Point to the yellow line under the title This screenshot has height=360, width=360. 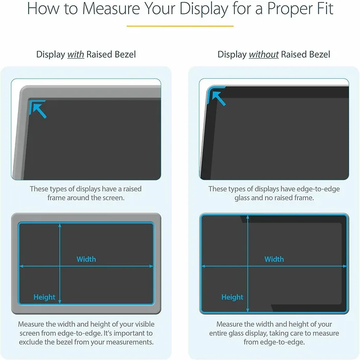[180, 26]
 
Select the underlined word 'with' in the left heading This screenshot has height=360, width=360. [76, 55]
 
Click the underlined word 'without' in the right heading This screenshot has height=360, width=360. [264, 55]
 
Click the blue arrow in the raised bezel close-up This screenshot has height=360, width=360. [39, 109]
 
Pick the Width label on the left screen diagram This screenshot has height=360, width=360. [86, 259]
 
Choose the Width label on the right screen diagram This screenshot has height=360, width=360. [274, 259]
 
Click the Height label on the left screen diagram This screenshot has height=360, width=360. [44, 297]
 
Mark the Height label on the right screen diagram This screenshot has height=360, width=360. [232, 297]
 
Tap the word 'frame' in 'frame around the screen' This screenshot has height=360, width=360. [57, 197]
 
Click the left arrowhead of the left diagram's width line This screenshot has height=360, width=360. [21, 266]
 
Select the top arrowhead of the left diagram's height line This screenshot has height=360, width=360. [61, 226]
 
